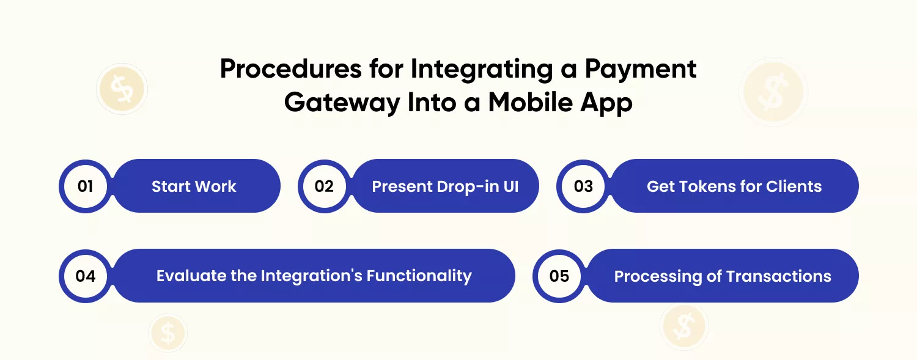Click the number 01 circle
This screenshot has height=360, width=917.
click(85, 186)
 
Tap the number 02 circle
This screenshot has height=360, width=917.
click(324, 186)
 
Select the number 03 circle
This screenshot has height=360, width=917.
click(583, 186)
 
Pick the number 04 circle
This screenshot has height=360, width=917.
click(85, 276)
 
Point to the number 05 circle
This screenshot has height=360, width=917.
click(559, 276)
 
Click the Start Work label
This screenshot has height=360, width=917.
click(194, 186)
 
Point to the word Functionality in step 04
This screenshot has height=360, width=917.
click(419, 276)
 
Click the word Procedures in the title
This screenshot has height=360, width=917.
click(291, 68)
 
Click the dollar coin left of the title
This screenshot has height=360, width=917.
click(122, 89)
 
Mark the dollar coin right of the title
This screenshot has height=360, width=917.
click(773, 92)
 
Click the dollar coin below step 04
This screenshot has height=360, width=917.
click(168, 332)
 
